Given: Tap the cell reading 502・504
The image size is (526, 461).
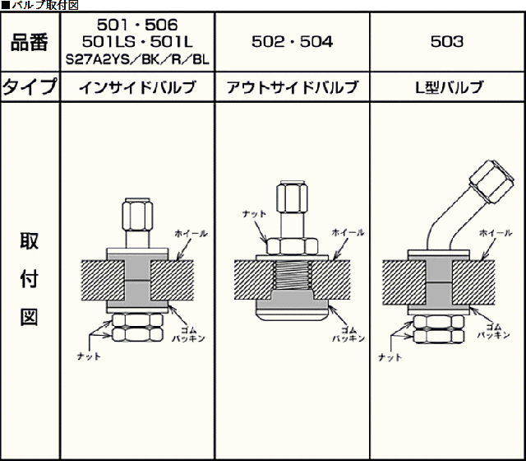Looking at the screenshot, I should [x=292, y=42].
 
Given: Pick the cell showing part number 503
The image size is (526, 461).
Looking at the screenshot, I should [x=447, y=42].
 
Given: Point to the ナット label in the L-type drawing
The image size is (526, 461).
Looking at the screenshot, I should [x=390, y=357].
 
